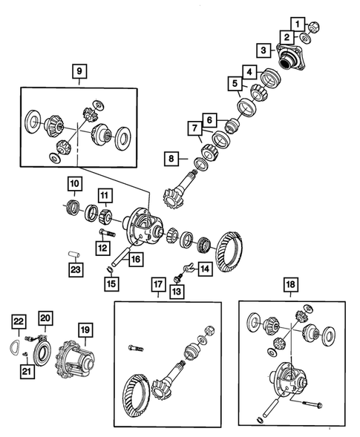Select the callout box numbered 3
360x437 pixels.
tap(264, 50)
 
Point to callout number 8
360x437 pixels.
tap(171, 158)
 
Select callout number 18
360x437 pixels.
tap(289, 285)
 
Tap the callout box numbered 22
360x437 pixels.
tap(19, 320)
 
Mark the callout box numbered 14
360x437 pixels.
tap(204, 269)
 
